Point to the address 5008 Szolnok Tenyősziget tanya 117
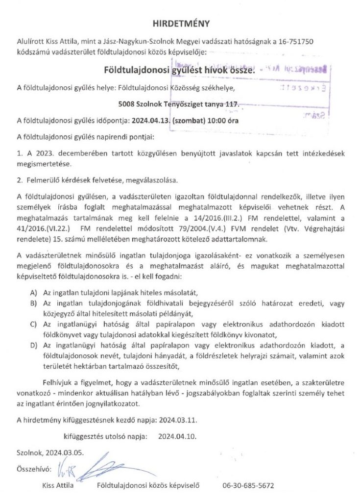(179, 104)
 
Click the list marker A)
(33, 292)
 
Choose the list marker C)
(33, 325)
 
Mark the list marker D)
(33, 346)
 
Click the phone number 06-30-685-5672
(248, 486)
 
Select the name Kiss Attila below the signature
(58, 486)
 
